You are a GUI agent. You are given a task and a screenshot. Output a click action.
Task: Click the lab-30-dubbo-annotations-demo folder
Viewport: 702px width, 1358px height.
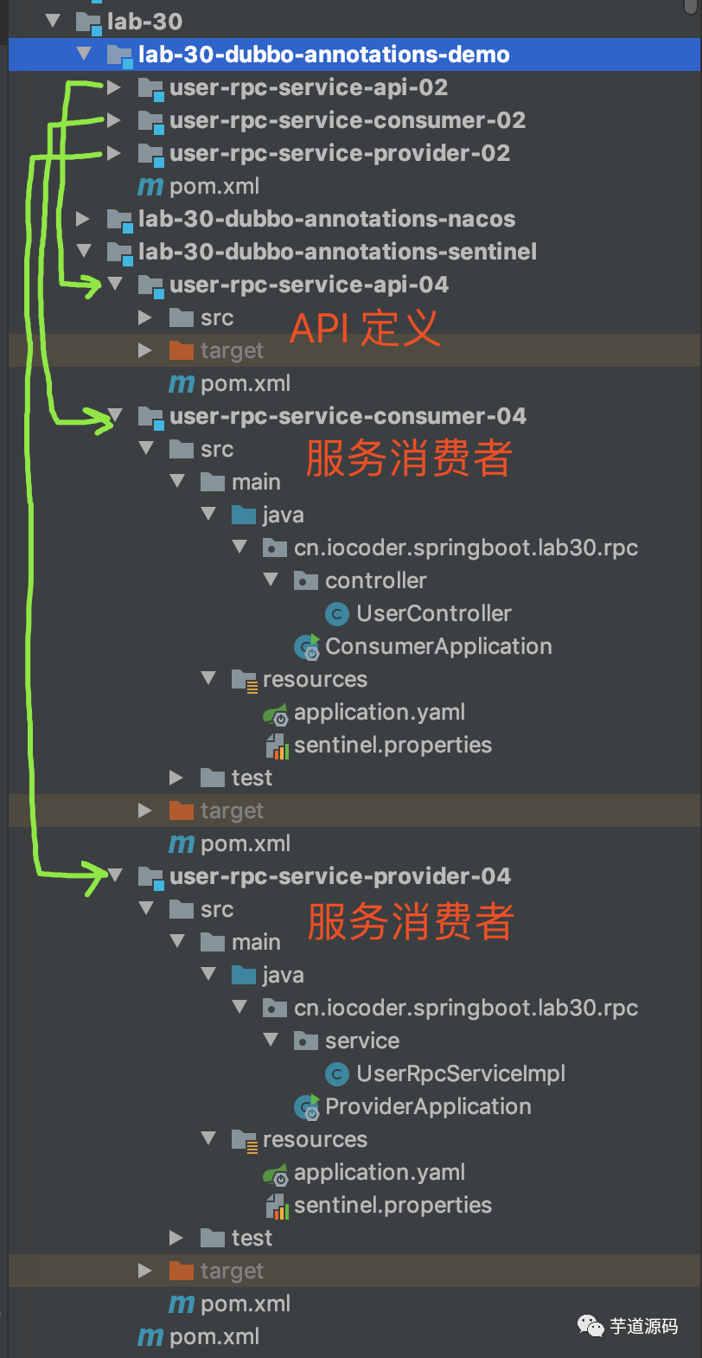coord(323,54)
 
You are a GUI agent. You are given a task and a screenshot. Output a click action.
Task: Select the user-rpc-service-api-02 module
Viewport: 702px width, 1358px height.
coord(308,87)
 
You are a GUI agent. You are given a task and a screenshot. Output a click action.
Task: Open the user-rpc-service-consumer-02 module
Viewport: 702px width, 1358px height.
coord(347,120)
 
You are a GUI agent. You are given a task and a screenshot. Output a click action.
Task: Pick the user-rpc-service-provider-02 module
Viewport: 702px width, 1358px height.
coord(339,153)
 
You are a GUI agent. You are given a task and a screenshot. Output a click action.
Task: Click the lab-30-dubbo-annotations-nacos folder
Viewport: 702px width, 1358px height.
coord(326,219)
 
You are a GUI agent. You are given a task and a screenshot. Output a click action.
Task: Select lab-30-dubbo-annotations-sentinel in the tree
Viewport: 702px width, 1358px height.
coord(337,252)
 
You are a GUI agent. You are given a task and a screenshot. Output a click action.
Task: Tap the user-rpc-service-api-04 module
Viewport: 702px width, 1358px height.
coord(309,285)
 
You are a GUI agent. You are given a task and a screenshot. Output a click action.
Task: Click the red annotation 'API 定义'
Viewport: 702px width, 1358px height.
coord(364,329)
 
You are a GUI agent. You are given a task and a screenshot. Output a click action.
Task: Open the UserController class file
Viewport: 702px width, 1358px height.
coord(433,613)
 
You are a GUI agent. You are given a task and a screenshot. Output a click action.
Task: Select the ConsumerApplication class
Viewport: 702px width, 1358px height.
coord(437,646)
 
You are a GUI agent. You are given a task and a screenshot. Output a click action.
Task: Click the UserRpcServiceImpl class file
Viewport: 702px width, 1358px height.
coord(460,1073)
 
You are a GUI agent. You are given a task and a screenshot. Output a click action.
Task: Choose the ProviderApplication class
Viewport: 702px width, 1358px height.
coord(427,1106)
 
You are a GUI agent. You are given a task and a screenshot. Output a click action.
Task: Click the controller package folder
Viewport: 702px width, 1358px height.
coord(375,580)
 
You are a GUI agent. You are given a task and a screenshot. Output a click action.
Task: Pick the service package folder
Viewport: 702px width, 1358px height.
coord(361,1041)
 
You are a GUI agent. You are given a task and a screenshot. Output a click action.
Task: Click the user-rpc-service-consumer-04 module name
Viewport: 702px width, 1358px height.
coord(348,416)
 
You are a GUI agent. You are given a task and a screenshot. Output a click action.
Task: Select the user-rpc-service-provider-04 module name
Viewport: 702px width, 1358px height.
coord(340,876)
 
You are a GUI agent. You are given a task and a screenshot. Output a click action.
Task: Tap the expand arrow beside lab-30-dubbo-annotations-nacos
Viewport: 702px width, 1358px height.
coord(83,219)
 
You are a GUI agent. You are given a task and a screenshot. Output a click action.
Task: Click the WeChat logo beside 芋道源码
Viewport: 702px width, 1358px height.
coord(591,1325)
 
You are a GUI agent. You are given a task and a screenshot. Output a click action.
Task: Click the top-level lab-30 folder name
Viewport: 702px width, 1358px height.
coord(144,22)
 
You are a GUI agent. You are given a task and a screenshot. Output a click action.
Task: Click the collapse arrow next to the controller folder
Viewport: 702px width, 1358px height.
coord(271,580)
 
